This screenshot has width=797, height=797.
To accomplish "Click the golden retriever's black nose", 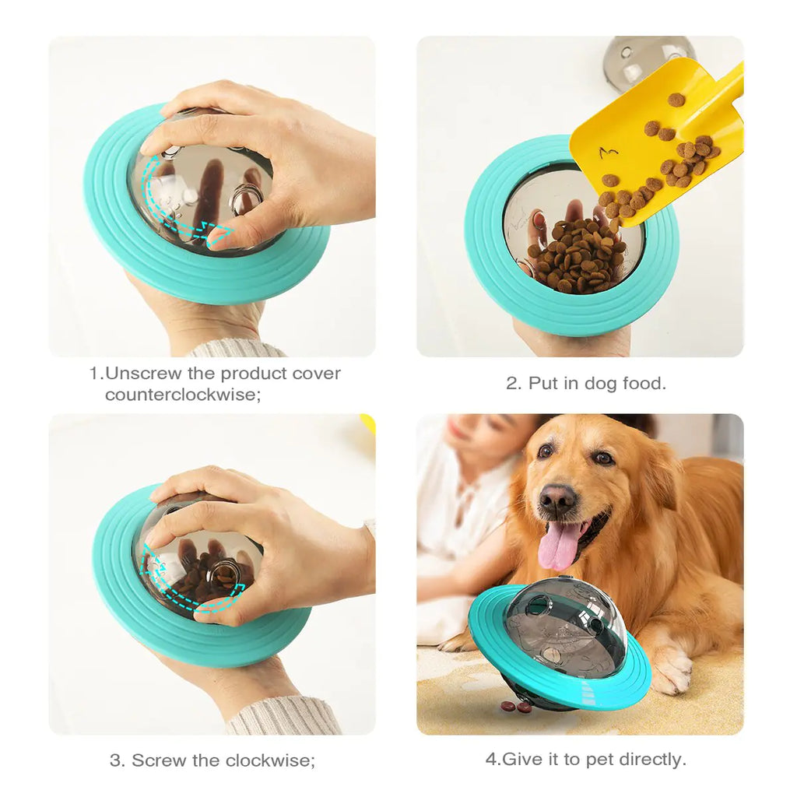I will point(557,498).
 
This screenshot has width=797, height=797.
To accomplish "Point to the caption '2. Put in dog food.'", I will point(585,383).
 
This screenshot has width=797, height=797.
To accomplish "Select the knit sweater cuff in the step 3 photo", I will point(284,716).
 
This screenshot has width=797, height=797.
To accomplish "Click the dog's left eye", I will point(546,451).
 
